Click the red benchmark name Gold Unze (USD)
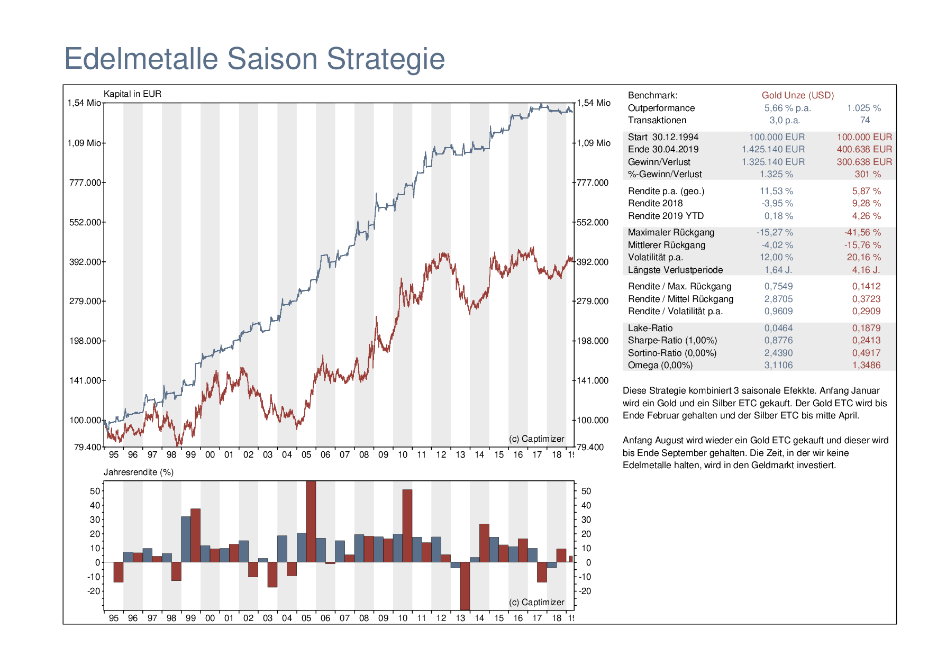click(x=797, y=95)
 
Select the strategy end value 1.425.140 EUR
click(x=773, y=149)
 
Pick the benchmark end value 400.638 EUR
click(x=864, y=149)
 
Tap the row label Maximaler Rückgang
click(x=671, y=232)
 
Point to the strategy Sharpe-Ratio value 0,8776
click(x=778, y=340)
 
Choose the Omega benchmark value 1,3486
click(x=866, y=365)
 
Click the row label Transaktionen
click(x=657, y=120)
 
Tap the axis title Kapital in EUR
click(x=132, y=94)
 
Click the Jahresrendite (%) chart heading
click(x=139, y=472)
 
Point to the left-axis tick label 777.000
click(x=85, y=183)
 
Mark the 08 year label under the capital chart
click(x=364, y=454)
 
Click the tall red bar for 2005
click(x=311, y=521)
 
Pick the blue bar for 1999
click(x=186, y=539)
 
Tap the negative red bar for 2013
click(x=465, y=586)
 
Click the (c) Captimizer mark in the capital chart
click(x=536, y=439)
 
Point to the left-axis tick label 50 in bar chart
click(x=95, y=491)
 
